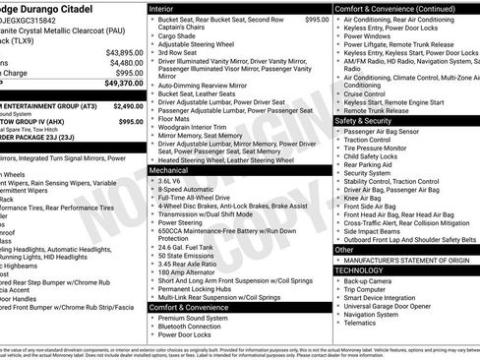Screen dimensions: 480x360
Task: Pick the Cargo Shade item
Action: click(184, 35)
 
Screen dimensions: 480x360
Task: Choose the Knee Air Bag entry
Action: click(367, 197)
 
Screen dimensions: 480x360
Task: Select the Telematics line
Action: click(363, 323)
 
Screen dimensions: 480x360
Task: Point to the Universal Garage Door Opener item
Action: click(392, 306)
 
